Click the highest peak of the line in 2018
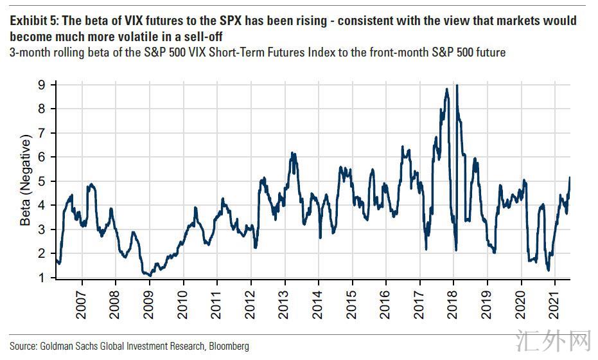pos(456,85)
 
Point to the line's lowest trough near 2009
pos(150,275)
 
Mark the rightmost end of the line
pos(570,177)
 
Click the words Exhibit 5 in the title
pos(31,21)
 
